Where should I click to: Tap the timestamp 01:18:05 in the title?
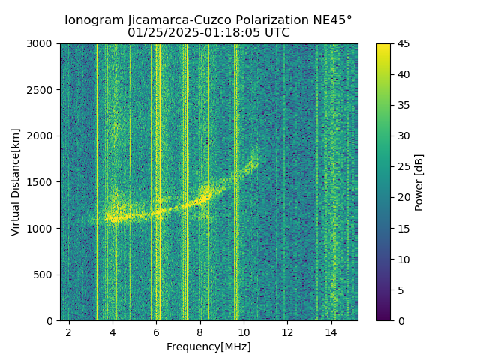235,33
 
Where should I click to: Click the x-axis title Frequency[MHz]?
208,346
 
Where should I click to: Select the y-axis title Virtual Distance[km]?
16,182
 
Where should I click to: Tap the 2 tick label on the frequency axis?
69,331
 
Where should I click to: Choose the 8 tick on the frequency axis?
199,331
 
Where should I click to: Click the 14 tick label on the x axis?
331,331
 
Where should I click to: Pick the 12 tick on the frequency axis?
287,331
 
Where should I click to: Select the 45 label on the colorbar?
403,43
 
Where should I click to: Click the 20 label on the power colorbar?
403,197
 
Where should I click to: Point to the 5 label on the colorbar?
400,289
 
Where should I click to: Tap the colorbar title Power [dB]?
419,182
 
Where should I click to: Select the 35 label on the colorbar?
403,105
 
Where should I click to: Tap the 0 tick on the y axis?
52,320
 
